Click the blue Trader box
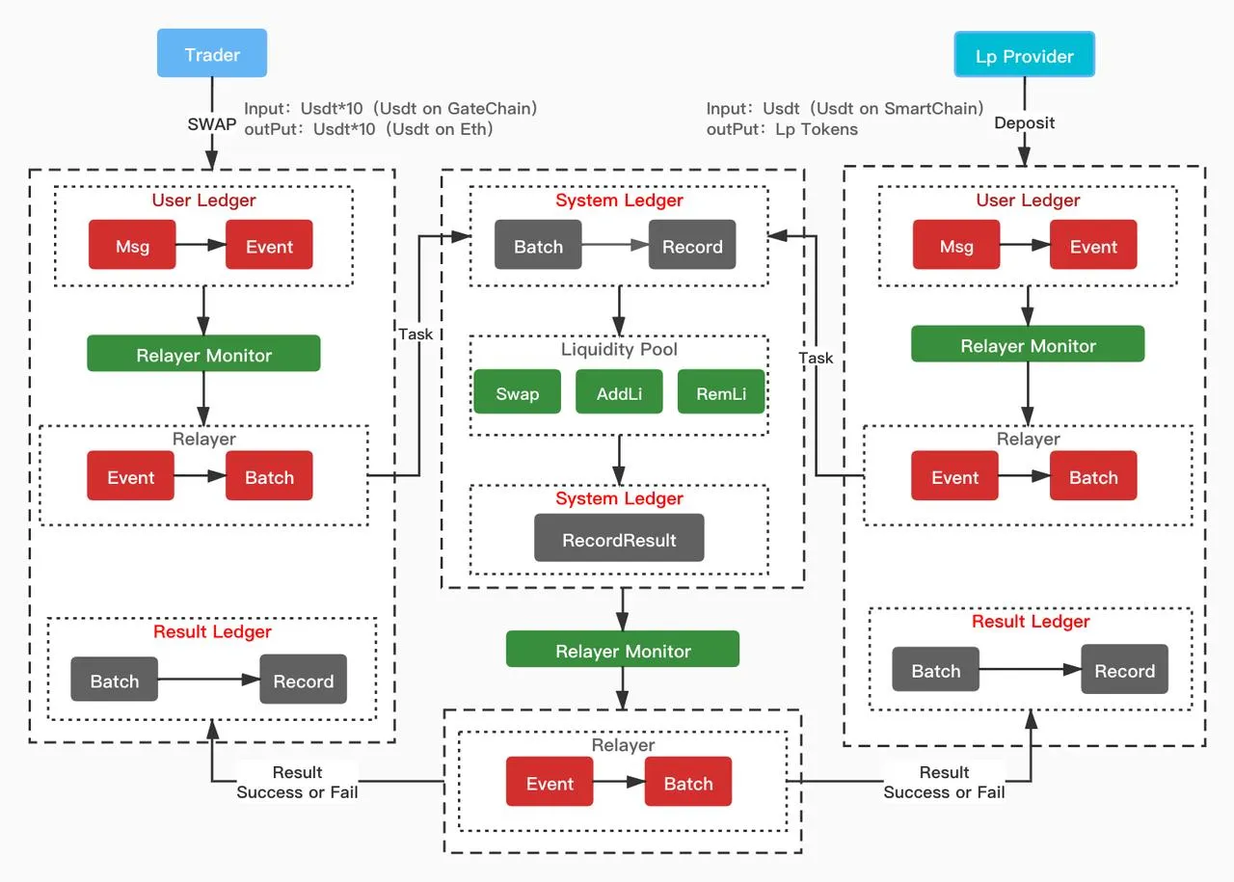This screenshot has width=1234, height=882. [x=212, y=53]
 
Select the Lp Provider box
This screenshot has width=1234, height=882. [x=1024, y=54]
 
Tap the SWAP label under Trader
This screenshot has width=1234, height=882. [x=211, y=124]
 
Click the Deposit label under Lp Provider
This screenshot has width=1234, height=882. [x=1024, y=122]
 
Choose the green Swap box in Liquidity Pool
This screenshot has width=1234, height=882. [x=518, y=391]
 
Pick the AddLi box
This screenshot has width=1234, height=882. [x=619, y=391]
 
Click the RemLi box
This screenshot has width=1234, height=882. [x=721, y=391]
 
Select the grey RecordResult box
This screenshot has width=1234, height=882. [x=619, y=538]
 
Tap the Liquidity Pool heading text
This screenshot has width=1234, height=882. [x=619, y=349]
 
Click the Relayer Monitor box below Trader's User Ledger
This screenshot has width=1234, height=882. [x=203, y=353]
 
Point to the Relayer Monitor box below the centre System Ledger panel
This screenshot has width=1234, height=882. [x=623, y=649]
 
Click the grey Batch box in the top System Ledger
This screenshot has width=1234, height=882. [x=538, y=245]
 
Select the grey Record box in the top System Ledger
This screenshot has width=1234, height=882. [x=692, y=245]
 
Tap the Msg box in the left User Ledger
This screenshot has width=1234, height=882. [x=132, y=245]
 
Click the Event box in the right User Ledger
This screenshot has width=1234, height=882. [x=1093, y=245]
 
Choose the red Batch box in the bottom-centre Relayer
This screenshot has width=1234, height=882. [x=688, y=781]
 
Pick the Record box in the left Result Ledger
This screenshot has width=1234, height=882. [x=304, y=679]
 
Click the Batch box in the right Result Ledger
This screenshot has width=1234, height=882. [x=936, y=669]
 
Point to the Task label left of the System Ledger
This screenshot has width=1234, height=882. [x=416, y=334]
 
